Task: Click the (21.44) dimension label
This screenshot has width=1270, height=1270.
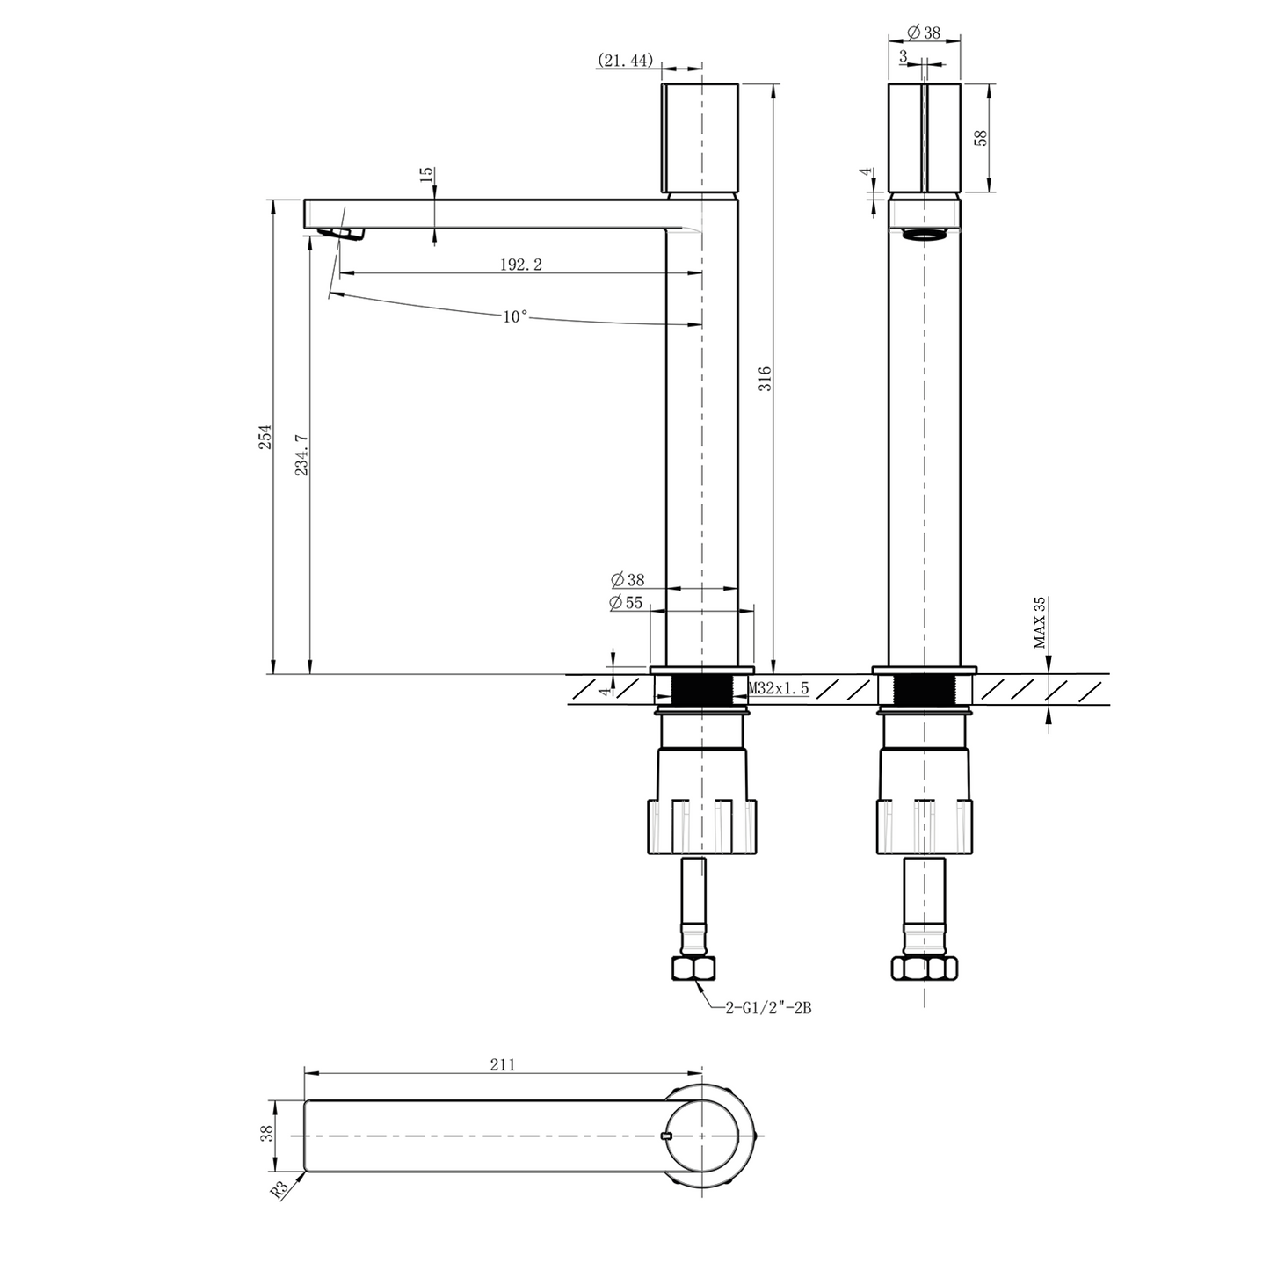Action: click(625, 60)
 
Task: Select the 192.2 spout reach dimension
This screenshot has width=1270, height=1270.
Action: click(520, 265)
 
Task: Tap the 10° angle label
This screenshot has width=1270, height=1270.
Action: click(516, 316)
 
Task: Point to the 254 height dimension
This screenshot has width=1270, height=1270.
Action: click(265, 437)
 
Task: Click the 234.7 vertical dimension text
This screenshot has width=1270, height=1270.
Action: click(301, 454)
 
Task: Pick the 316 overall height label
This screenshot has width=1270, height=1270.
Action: click(765, 379)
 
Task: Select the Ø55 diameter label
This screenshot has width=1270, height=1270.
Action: click(628, 603)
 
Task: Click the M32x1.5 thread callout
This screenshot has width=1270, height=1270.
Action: click(778, 689)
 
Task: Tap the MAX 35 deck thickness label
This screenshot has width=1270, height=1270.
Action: click(1040, 622)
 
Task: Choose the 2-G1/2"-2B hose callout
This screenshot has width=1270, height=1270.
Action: click(767, 1009)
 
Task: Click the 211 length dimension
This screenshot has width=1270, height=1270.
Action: click(502, 1064)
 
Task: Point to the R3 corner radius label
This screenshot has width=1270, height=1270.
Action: click(280, 1190)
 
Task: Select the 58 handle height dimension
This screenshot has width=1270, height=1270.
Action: click(982, 137)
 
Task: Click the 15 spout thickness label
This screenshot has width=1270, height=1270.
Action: click(426, 174)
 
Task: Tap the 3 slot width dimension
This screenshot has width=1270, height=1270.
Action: click(903, 55)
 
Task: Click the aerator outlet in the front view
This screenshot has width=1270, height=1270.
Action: click(925, 234)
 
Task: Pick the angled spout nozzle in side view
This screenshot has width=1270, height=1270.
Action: click(340, 232)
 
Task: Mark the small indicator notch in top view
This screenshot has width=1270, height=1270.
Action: click(665, 1136)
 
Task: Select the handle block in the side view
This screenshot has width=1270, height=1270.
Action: click(700, 138)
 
